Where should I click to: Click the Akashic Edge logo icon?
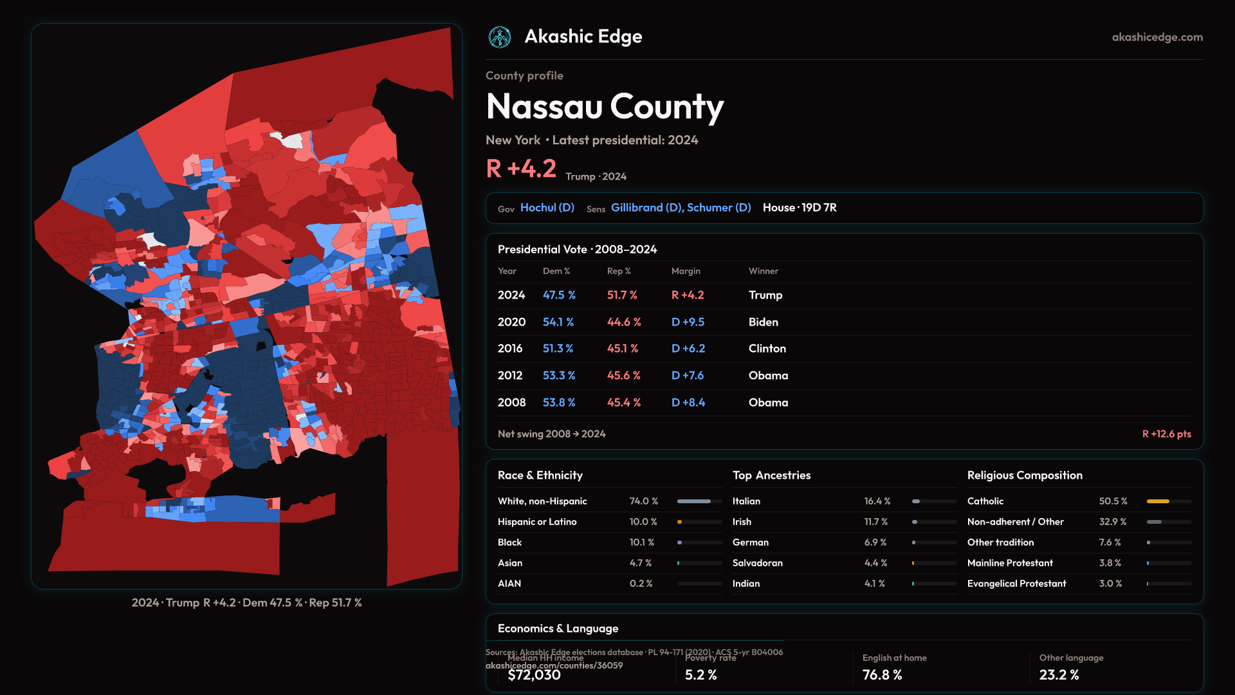click(x=500, y=37)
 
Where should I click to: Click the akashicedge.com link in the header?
click(x=1157, y=37)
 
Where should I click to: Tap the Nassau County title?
click(x=605, y=106)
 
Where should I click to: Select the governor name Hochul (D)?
click(x=547, y=208)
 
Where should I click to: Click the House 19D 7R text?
click(x=800, y=208)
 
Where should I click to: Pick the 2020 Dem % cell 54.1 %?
click(x=558, y=322)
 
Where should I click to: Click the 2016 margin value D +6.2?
click(x=688, y=348)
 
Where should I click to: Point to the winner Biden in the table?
click(x=764, y=322)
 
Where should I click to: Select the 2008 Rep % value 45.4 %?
click(x=624, y=402)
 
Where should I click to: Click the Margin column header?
click(x=686, y=271)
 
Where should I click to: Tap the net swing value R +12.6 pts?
click(x=1166, y=434)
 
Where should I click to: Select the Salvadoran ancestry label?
click(x=758, y=563)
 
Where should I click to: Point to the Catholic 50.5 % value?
click(x=1113, y=501)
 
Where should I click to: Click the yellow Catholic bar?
click(x=1158, y=501)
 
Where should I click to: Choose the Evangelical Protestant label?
click(x=1016, y=584)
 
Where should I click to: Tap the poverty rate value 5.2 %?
click(x=700, y=675)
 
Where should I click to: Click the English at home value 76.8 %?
click(x=882, y=675)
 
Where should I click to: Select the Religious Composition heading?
click(x=1025, y=476)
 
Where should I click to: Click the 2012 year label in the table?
click(x=510, y=375)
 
